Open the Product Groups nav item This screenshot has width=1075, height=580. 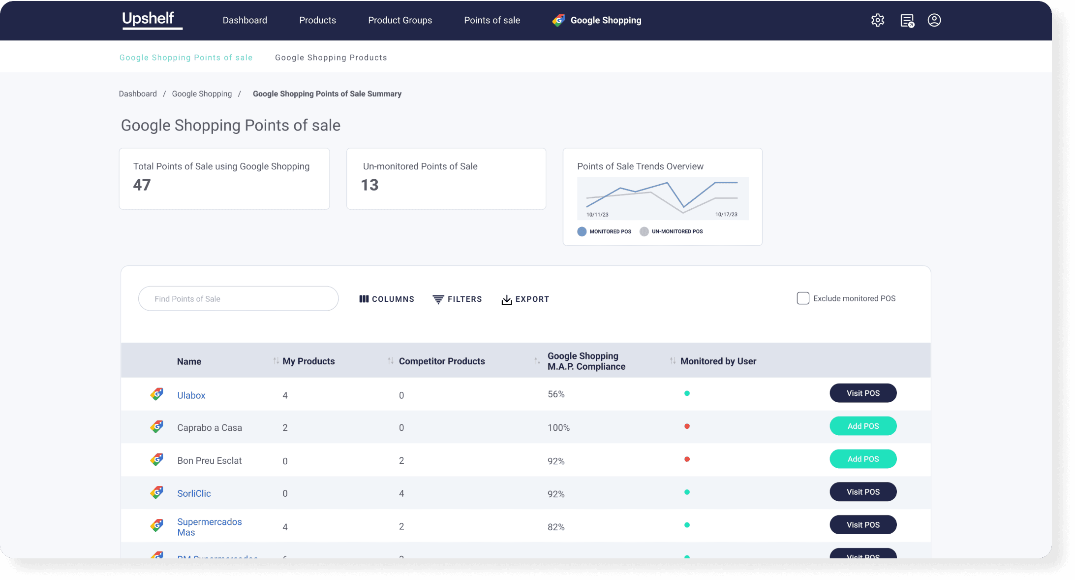(399, 20)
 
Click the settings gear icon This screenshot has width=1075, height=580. (877, 20)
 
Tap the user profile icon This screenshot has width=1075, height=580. (934, 20)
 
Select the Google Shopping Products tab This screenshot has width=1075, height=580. (331, 58)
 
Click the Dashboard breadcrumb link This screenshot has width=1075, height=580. (138, 94)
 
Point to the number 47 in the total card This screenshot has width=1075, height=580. (142, 185)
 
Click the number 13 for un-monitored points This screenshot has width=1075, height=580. (369, 185)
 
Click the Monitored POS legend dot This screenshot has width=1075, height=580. (582, 231)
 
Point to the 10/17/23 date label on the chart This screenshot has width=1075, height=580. (726, 215)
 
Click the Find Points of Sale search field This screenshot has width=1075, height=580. (238, 299)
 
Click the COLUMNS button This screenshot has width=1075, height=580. (387, 299)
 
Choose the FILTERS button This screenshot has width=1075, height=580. (457, 299)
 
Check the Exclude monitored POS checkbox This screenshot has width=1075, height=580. (802, 298)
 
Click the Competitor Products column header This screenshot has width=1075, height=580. (441, 361)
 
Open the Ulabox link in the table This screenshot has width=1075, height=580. (191, 395)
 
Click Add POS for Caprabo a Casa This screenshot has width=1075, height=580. (862, 426)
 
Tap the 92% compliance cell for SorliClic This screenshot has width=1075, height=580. (556, 494)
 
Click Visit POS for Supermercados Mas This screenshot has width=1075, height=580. (862, 525)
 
